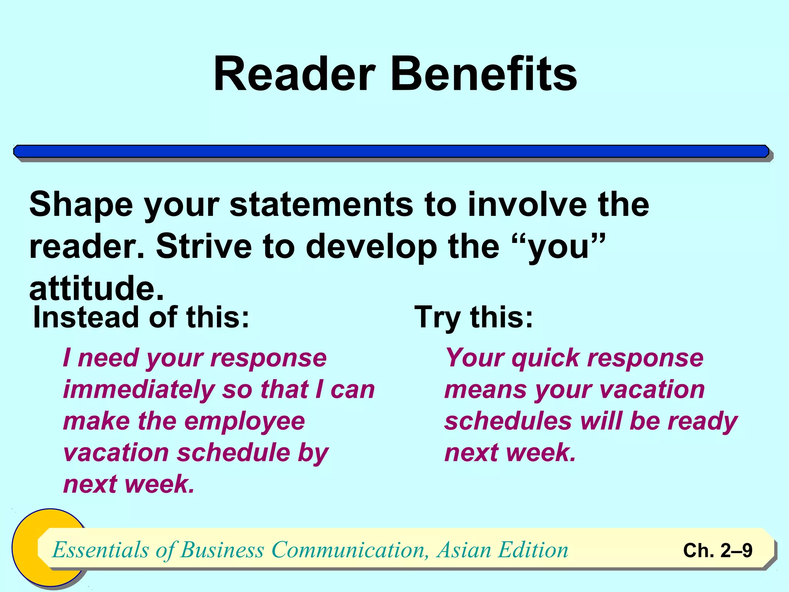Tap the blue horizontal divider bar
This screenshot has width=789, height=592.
coord(391,151)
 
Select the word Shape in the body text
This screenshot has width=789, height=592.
coord(81,205)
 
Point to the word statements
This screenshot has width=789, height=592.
coord(321,204)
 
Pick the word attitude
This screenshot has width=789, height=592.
coord(96,289)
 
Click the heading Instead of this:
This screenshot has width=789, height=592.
coord(141,317)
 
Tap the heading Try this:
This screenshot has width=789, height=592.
coord(473,317)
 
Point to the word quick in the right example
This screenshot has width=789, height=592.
coord(546,358)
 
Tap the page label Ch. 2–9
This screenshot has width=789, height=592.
coord(717,550)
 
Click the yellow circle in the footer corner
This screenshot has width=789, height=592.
coord(27,547)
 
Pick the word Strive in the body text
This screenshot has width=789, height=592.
coord(204,247)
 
